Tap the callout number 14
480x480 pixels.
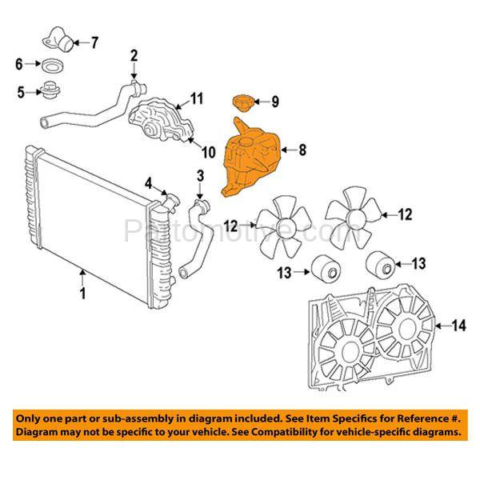pos(458,325)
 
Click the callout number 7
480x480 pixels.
pos(94,42)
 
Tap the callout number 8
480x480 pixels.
pos(303,149)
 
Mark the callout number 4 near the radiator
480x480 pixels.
pos(148,182)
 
